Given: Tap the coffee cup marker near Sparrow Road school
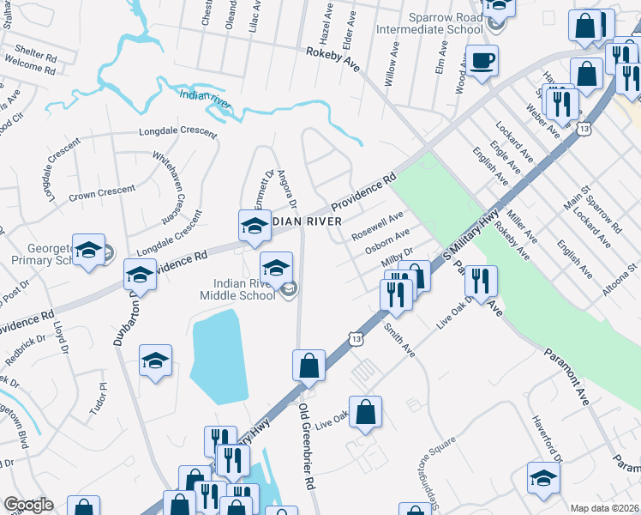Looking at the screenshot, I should click(482, 62).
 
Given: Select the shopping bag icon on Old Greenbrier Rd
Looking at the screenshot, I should click(309, 366).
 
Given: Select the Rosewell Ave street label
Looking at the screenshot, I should click(376, 223).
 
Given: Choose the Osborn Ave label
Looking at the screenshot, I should click(388, 239).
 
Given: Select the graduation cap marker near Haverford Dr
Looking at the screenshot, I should click(543, 479).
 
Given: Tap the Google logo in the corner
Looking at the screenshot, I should click(28, 505).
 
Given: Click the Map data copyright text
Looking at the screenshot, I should click(604, 508).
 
